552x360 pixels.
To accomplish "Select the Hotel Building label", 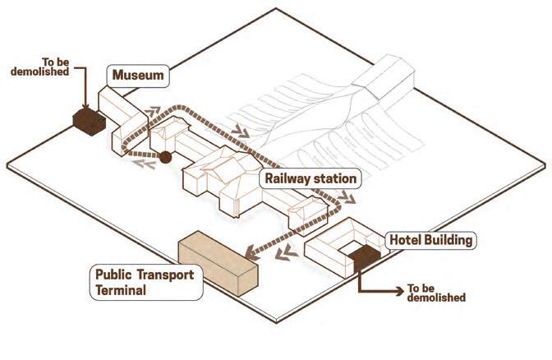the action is (431, 241).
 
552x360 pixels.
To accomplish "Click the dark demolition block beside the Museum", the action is (85, 122).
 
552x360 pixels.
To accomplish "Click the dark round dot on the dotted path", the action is (164, 156).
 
